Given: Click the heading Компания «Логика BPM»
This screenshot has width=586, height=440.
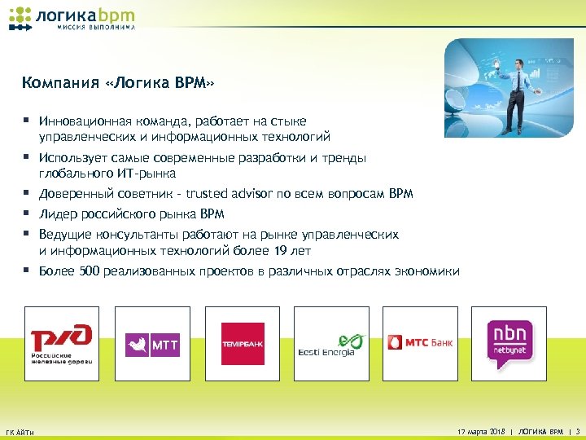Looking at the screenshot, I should click(120, 83).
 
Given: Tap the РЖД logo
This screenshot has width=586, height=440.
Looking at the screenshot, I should click(62, 343).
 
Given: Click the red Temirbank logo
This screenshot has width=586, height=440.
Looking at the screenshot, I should click(243, 344).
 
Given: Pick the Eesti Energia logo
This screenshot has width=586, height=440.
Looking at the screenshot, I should click(331, 344).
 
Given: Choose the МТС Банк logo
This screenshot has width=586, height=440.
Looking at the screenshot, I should click(421, 342).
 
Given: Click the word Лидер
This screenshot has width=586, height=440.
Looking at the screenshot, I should click(57, 214).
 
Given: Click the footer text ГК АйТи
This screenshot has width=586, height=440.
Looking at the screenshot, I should click(20, 431).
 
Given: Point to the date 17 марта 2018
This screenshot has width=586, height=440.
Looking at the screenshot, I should click(482, 430).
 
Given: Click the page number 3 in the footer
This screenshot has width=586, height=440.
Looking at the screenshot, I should click(577, 430).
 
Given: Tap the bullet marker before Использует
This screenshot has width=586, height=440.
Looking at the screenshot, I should click(27, 157).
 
